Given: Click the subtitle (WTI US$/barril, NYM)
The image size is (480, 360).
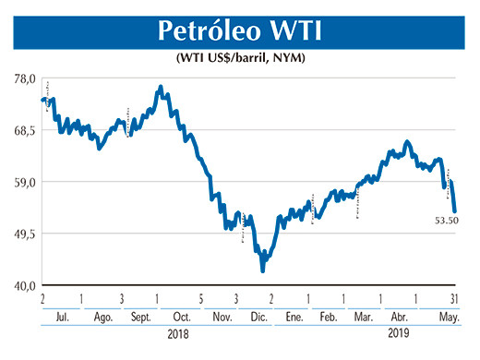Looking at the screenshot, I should (240, 58).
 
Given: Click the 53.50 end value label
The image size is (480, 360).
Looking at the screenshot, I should (447, 221).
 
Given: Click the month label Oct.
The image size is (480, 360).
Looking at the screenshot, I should (180, 316).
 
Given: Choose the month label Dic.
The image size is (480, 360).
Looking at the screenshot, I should (256, 316).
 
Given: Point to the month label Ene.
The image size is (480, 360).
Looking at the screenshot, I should (294, 316).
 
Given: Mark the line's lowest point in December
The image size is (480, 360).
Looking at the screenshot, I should (263, 270).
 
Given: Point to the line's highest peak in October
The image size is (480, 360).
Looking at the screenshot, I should (162, 88).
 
